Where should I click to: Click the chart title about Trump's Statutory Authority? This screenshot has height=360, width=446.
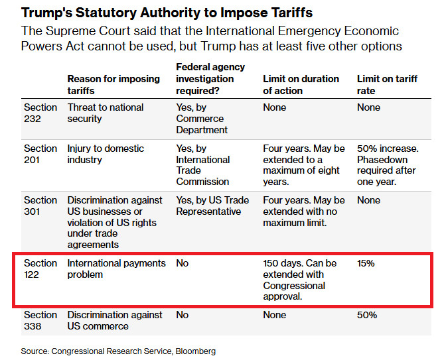coord(167,13)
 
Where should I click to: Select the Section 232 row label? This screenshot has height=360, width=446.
coord(40,113)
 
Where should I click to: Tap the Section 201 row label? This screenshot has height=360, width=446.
coord(40,154)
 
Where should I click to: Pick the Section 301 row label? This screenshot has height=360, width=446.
coord(40,206)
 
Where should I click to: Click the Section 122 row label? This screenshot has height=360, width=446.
coord(40,269)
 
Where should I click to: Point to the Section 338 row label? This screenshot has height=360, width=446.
coord(40,320)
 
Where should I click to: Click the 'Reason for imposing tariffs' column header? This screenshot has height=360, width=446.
coord(113,84)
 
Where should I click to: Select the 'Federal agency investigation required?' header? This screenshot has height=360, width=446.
coord(210,78)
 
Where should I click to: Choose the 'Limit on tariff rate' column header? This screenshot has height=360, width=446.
coord(387,84)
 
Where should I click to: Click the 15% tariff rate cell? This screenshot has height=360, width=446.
coord(366,263)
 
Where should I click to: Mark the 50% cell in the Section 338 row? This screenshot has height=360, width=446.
coord(366,315)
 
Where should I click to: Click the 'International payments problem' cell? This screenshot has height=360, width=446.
coord(116,269)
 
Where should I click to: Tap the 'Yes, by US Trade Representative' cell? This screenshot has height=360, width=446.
coord(212,206)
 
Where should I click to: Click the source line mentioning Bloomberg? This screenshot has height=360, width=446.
coord(119,351)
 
